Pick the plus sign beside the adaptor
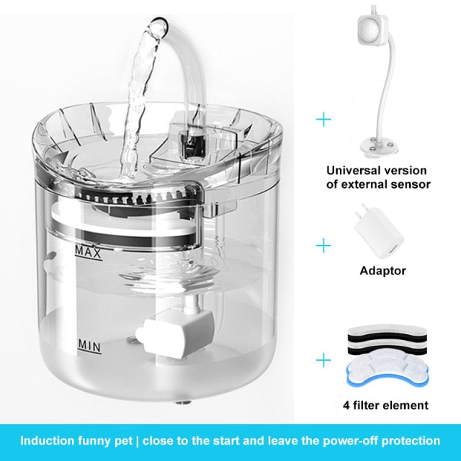[323, 246]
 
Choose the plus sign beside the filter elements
[323, 358]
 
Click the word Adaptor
[382, 271]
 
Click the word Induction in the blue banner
[49, 440]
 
